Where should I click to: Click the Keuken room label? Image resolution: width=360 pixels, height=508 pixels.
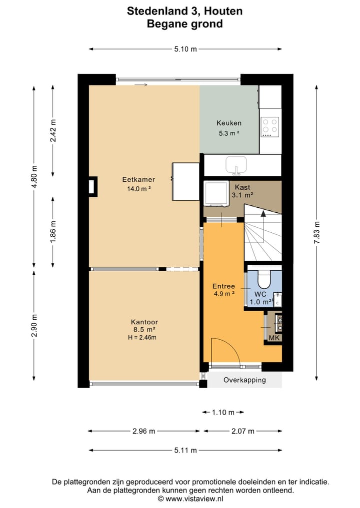tap(229, 123)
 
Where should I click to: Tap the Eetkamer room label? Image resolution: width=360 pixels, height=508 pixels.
tap(138, 179)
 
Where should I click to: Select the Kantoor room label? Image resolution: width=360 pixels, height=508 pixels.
tap(144, 322)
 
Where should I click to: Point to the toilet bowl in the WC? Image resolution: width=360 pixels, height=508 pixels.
tap(263, 279)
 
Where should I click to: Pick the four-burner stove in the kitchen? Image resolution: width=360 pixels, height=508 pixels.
tap(270, 127)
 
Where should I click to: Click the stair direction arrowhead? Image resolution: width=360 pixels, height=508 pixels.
tap(263, 213)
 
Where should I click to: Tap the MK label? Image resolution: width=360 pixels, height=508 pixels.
tap(274, 338)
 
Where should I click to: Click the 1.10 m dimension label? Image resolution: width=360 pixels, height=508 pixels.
tap(223, 413)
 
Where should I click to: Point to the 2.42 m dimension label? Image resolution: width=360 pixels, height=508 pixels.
tap(53, 130)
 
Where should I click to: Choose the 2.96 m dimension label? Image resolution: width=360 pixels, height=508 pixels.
tap(143, 431)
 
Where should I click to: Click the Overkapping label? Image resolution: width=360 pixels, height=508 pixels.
tap(244, 380)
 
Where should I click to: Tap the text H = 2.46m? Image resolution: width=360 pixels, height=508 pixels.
tap(142, 338)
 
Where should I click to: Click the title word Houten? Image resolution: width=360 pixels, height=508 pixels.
tap(223, 11)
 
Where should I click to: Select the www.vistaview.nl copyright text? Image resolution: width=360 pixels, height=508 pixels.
tap(190, 499)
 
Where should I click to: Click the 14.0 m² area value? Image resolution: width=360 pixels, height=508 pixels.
tap(139, 189)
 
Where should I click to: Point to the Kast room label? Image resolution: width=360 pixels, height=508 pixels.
tap(242, 187)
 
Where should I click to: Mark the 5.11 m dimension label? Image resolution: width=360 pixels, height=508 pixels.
tap(185, 451)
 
